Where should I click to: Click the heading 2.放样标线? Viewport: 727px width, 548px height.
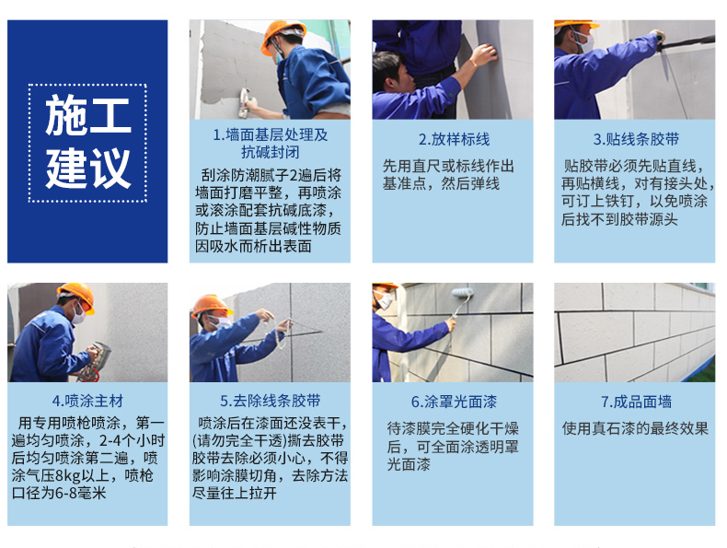pyautogui.click(x=453, y=139)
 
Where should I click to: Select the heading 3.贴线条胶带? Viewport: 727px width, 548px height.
pyautogui.click(x=635, y=139)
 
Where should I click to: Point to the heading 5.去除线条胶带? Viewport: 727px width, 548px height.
pyautogui.click(x=270, y=402)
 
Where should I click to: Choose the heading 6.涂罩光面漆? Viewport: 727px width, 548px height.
pyautogui.click(x=453, y=402)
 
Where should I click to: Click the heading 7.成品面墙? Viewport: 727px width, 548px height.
pyautogui.click(x=635, y=402)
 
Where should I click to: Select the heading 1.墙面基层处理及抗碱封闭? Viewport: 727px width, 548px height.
pyautogui.click(x=270, y=144)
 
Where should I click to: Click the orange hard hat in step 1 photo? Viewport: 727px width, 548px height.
pyautogui.click(x=281, y=34)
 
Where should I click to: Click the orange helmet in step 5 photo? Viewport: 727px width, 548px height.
pyautogui.click(x=212, y=306)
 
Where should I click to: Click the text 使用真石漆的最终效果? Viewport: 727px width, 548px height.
pyautogui.click(x=635, y=428)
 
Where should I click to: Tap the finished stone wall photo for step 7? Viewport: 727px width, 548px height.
pyautogui.click(x=635, y=332)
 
